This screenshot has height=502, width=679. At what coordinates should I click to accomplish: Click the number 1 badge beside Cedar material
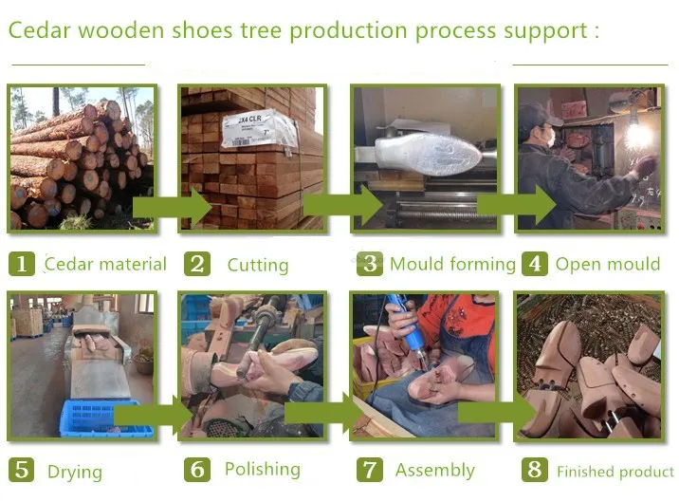click(x=22, y=264)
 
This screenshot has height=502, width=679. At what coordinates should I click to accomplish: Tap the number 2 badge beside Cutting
click(x=196, y=264)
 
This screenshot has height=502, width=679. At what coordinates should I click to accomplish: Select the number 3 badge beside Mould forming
click(x=370, y=264)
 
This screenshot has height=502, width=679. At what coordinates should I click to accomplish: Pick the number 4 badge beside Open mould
click(x=535, y=264)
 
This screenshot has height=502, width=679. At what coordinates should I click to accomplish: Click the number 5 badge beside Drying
click(x=22, y=470)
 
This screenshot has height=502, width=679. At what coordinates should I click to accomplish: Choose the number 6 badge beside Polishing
click(x=196, y=470)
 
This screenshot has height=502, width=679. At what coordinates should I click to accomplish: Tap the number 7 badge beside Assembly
click(x=370, y=470)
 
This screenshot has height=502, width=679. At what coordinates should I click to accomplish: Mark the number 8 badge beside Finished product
click(x=535, y=470)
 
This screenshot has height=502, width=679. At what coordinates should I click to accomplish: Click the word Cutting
click(x=257, y=266)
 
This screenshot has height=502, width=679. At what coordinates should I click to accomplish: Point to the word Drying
click(x=74, y=472)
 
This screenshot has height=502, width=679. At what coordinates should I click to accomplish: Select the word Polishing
click(x=263, y=470)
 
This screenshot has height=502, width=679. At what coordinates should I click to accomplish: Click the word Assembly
click(x=434, y=471)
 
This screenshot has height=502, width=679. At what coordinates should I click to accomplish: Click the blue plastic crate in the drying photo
click(x=104, y=418)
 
